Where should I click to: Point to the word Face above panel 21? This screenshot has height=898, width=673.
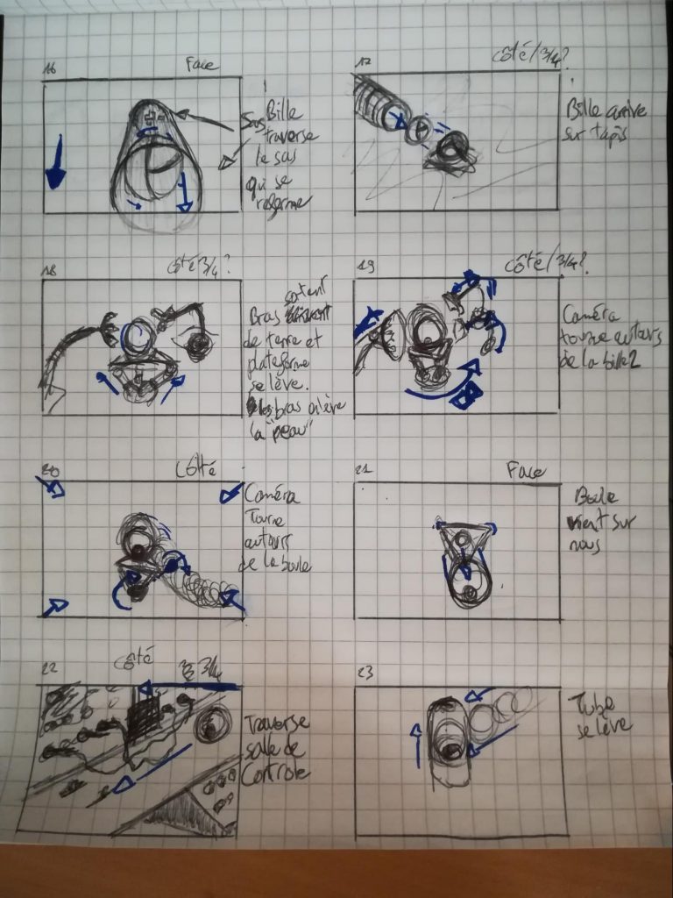pos(527,472)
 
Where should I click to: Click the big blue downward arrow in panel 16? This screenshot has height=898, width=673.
pos(55,163)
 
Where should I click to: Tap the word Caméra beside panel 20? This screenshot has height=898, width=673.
pos(273,496)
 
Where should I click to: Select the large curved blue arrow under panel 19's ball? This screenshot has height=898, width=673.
pos(438,388)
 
